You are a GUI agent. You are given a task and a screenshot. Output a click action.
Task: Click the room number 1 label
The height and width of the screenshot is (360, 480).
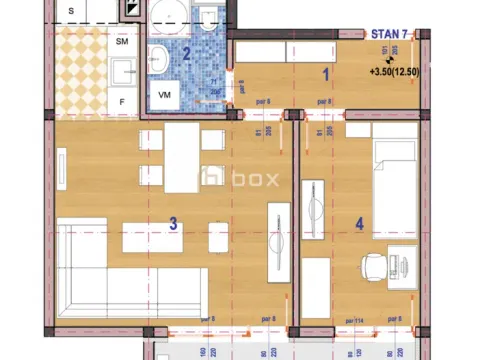point(325,73)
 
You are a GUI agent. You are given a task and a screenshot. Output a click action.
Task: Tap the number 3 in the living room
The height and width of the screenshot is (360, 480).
point(173,224)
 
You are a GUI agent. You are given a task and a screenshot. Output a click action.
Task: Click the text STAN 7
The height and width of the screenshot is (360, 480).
point(388,35)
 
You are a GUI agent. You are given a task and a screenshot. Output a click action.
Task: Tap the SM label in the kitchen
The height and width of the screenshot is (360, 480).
point(122,43)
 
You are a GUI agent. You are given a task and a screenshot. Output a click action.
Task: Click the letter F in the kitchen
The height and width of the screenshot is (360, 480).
point(122,102)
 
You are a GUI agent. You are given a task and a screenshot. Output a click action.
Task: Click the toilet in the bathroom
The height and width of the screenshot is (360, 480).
point(207,21)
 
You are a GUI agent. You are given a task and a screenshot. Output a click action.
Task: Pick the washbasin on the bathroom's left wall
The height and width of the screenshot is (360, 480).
point(157,56)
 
